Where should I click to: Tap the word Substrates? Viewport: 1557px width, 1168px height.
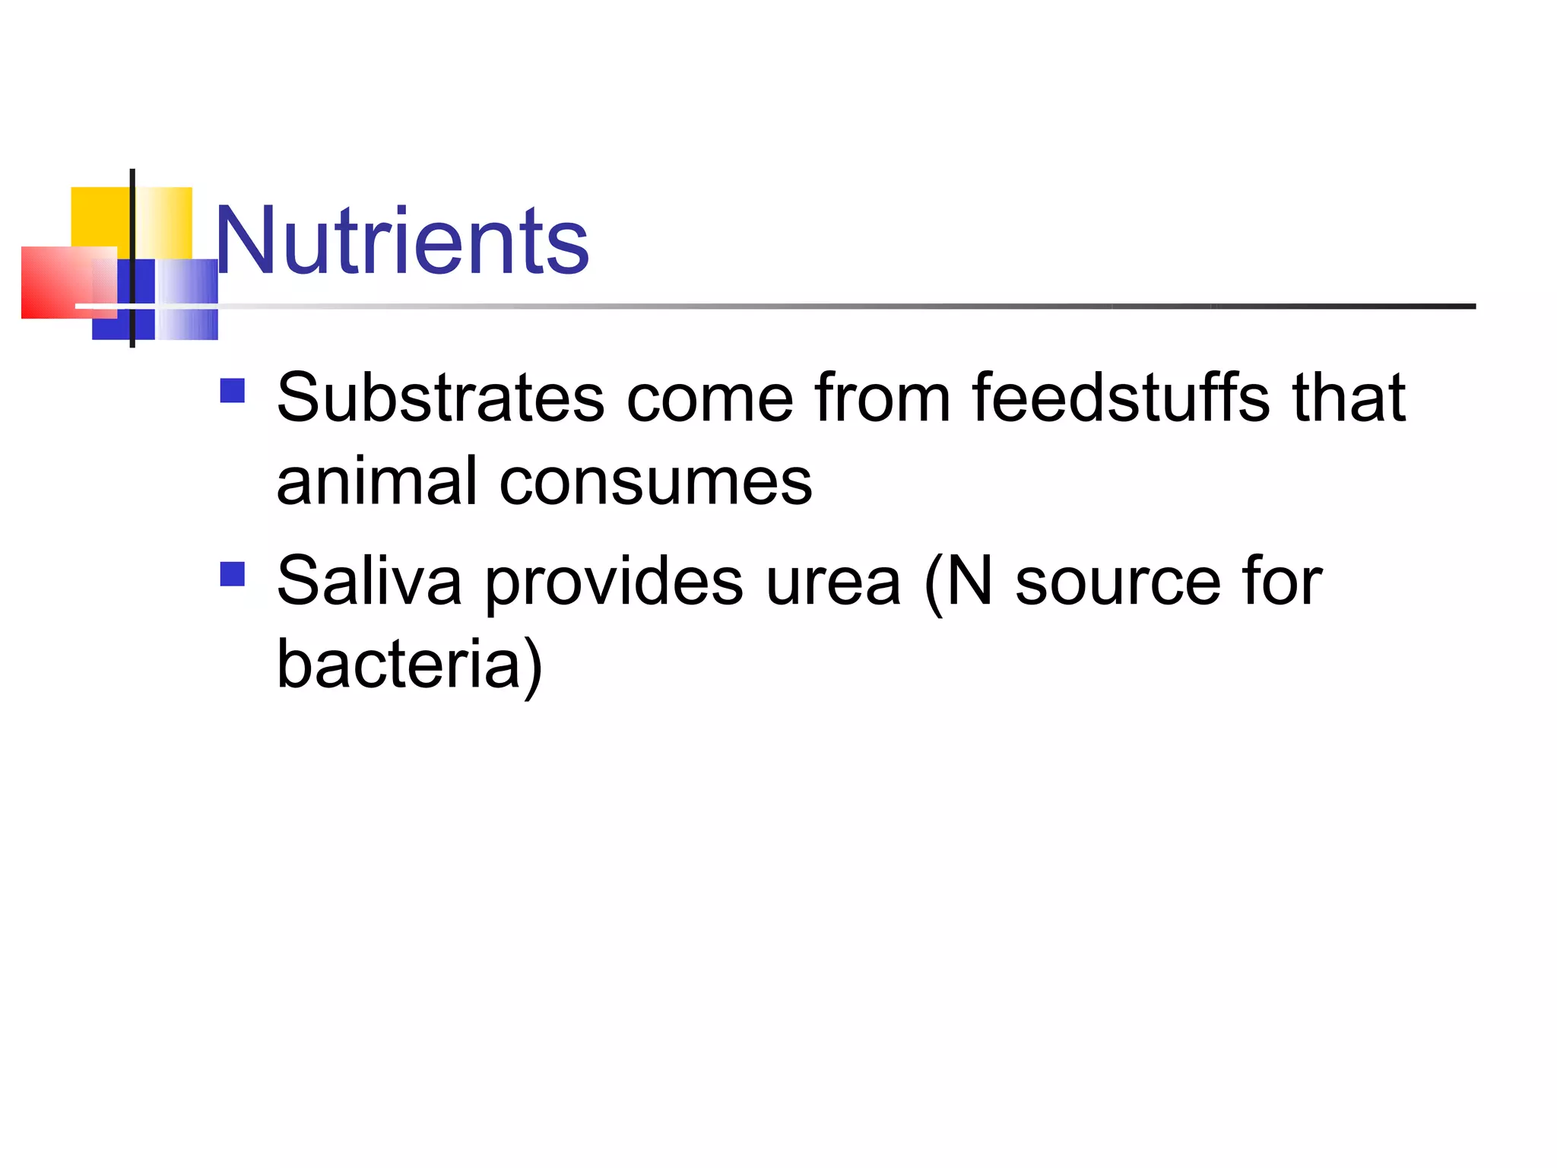point(440,398)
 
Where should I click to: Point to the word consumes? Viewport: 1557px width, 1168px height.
point(655,483)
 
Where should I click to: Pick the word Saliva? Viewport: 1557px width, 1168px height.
point(369,581)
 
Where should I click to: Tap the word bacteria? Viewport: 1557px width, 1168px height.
point(398,664)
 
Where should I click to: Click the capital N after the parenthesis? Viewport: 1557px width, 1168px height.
point(970,581)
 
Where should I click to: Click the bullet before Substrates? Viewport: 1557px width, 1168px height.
point(232,391)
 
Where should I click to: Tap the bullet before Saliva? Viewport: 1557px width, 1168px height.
point(232,574)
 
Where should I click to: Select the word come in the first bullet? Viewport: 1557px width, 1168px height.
point(710,399)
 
